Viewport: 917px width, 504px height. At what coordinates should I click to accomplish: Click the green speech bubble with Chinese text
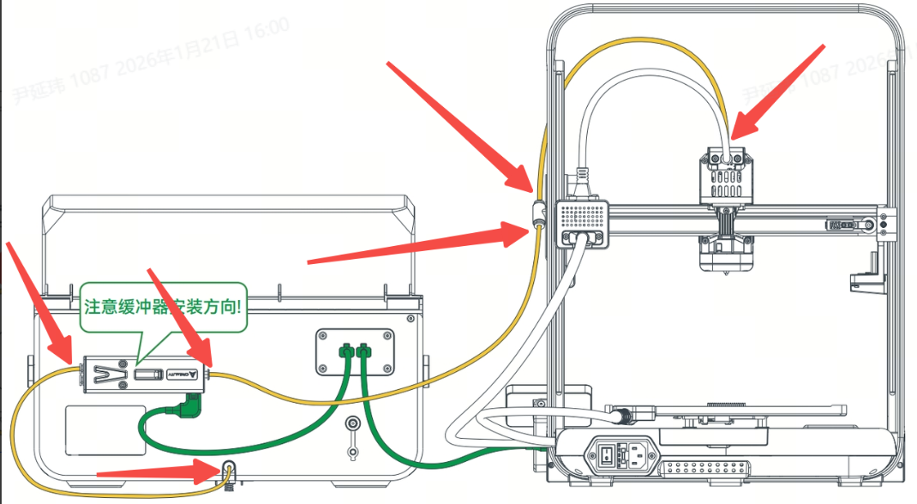click(x=163, y=305)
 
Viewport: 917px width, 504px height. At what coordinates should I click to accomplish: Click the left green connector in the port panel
click(x=345, y=351)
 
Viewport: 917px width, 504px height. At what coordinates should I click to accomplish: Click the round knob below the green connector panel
click(x=351, y=424)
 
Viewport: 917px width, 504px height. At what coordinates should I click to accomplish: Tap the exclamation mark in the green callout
click(x=240, y=305)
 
